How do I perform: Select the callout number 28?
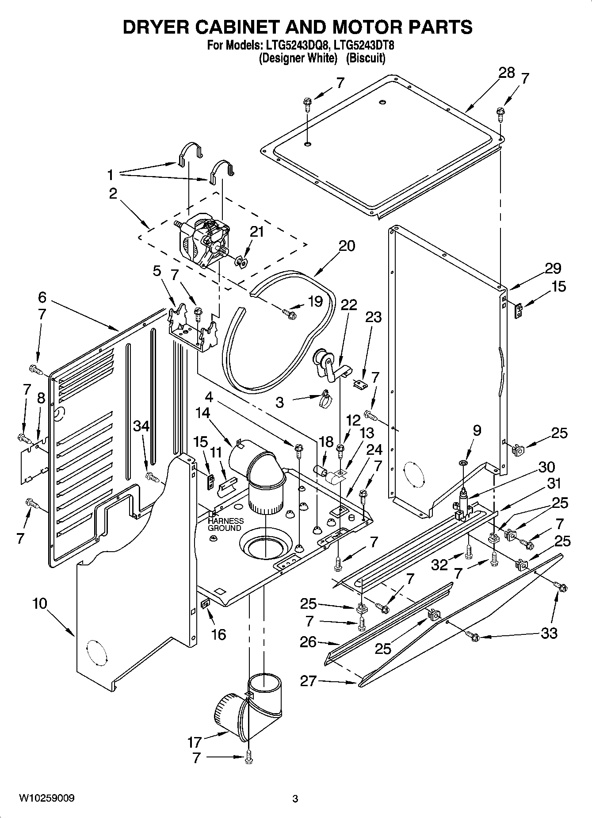[x=507, y=73]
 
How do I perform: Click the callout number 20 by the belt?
[x=347, y=246]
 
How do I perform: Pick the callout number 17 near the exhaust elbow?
[x=195, y=741]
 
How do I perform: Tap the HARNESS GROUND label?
[x=225, y=525]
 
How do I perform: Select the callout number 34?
[x=142, y=426]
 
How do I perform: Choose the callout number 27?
[x=309, y=681]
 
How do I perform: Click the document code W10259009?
[x=46, y=799]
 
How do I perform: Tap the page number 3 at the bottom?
[x=295, y=799]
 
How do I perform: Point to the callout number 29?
[x=553, y=268]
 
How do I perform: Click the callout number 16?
[x=218, y=634]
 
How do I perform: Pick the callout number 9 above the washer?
[x=477, y=430]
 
